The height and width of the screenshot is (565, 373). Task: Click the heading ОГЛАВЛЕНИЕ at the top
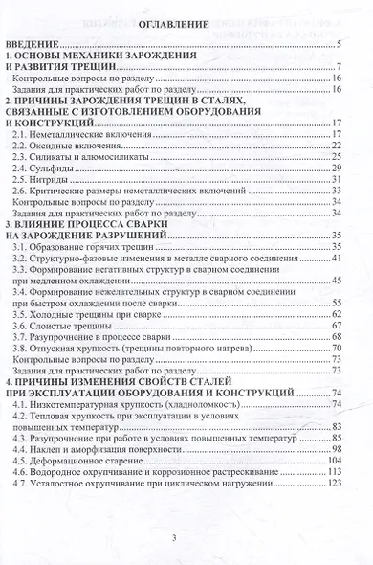coord(186,25)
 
